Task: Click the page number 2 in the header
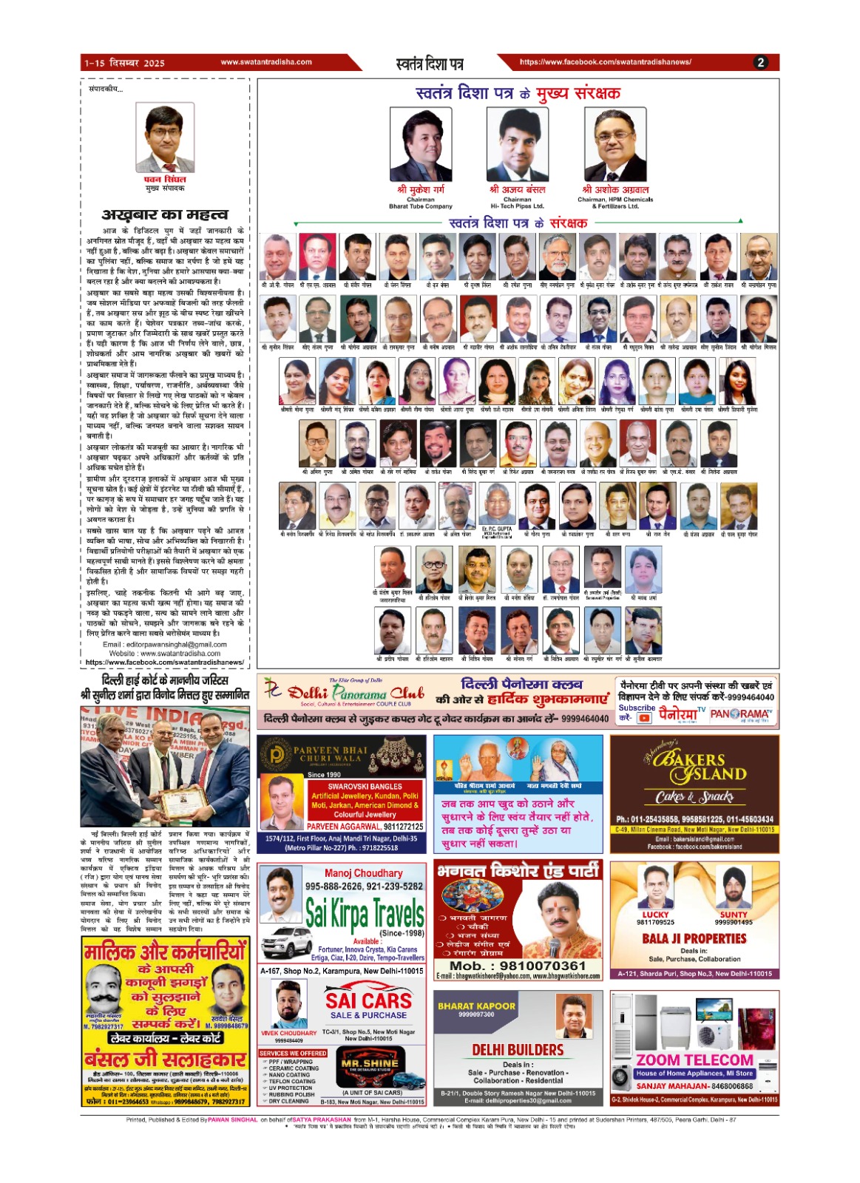tap(760, 63)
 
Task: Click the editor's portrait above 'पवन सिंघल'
tap(164, 138)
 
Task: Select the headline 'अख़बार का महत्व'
tap(165, 214)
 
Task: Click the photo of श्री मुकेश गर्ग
tap(420, 144)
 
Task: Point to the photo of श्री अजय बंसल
tap(517, 144)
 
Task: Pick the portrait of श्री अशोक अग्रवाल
tap(614, 144)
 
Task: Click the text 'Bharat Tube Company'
tap(420, 206)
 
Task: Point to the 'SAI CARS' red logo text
tap(368, 1000)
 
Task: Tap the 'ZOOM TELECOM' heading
tap(695, 1060)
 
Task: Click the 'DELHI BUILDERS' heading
tap(518, 1050)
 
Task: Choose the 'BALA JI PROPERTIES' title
tap(694, 938)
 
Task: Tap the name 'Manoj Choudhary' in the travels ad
tap(364, 873)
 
